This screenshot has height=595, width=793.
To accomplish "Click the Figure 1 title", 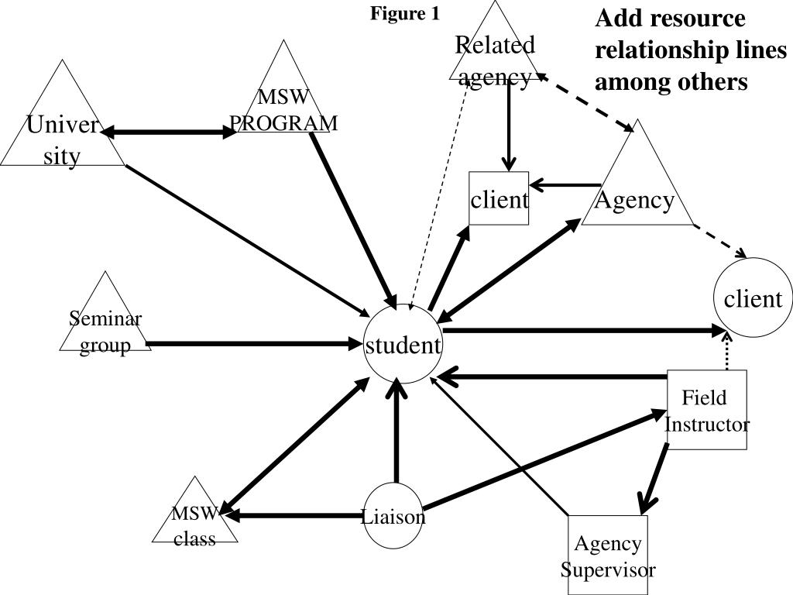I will pos(404,14).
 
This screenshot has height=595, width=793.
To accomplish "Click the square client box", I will pos(499,199).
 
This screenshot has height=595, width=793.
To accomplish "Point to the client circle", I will pos(753,298).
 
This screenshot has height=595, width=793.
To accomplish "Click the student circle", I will pos(403,345).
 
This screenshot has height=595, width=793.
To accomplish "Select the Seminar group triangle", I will pos(105,325).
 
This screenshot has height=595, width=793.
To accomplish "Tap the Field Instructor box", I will pos(707,410).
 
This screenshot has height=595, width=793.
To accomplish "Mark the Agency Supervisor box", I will pos(608,555).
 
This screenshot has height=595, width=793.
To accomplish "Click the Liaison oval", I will pos(394,516).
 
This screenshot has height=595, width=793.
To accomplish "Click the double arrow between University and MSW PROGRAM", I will pos(169,133).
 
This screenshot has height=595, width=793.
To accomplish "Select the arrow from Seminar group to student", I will pos(256,342).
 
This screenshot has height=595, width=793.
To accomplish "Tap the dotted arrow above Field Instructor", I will pos(727,353).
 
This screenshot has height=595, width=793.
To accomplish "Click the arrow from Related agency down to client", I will pos(509,124).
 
